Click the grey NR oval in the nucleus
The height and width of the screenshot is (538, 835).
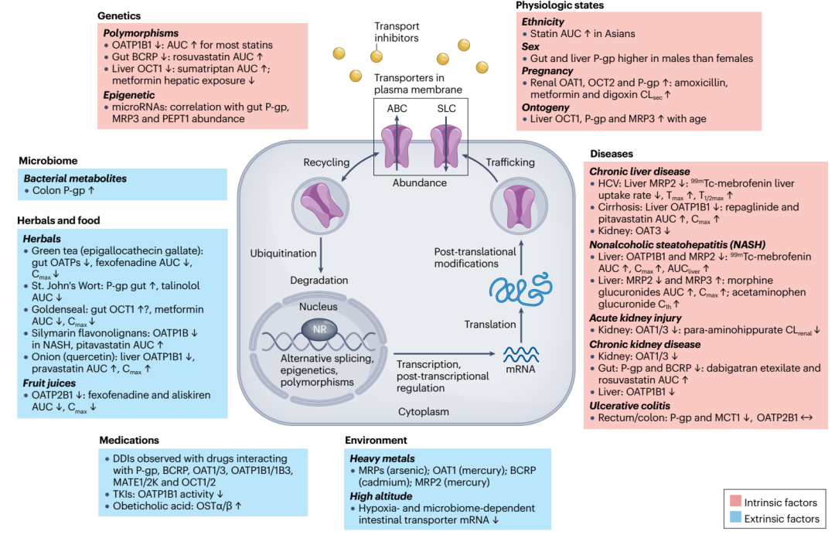pos(319,329)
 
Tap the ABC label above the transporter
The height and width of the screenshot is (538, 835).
pos(397,109)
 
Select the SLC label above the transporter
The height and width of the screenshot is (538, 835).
pos(446,109)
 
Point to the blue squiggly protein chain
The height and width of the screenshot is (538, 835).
pos(520,288)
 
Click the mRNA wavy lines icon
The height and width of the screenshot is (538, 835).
pos(521,354)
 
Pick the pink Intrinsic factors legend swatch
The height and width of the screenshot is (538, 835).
pos(735,501)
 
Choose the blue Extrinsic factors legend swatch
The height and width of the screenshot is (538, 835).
pos(735,517)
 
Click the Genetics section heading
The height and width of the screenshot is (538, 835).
pos(119,16)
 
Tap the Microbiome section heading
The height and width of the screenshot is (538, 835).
pos(48,161)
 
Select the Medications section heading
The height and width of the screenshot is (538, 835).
pos(129,440)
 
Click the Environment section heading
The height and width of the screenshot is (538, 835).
pos(376,440)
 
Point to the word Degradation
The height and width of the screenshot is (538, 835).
pos(319,280)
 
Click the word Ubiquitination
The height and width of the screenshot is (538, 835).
pos(283,254)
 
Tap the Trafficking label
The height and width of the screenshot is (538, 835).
pos(510,162)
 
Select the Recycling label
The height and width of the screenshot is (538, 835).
pos(326,162)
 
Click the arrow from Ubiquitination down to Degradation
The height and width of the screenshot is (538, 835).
pos(321,256)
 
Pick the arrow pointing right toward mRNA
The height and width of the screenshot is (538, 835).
pos(445,354)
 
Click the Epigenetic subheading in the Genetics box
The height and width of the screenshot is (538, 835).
pos(129,95)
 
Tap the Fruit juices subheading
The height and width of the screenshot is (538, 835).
pos(49,383)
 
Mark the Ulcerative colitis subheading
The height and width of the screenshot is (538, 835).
pos(629,405)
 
